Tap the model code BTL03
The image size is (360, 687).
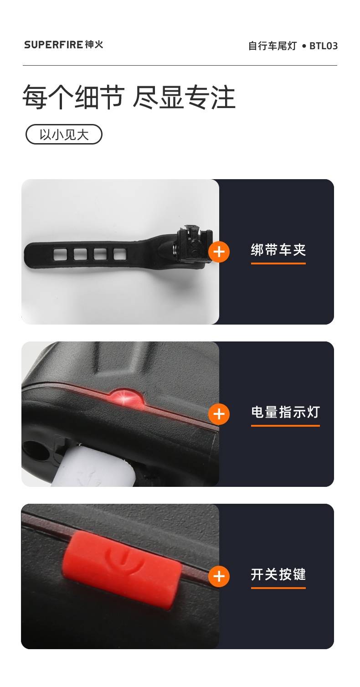point(324,46)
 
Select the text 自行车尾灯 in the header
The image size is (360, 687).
point(273,46)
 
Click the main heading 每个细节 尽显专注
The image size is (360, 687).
point(129,97)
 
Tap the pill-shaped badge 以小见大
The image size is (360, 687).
point(64,134)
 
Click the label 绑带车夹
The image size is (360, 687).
point(278,250)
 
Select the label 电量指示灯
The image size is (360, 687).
point(285,412)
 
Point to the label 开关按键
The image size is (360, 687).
point(278,574)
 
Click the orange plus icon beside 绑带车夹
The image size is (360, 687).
point(219,252)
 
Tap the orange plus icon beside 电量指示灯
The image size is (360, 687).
point(219,414)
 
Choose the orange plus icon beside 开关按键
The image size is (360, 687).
point(219,576)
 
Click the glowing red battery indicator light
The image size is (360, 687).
point(127,398)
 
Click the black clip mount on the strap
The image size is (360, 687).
point(189,244)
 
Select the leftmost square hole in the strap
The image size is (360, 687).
point(60,254)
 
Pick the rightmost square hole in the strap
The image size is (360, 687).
point(120,254)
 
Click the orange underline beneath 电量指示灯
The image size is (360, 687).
point(285,426)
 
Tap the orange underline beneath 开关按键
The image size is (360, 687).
point(278,588)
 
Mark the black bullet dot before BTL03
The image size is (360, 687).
point(304,46)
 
